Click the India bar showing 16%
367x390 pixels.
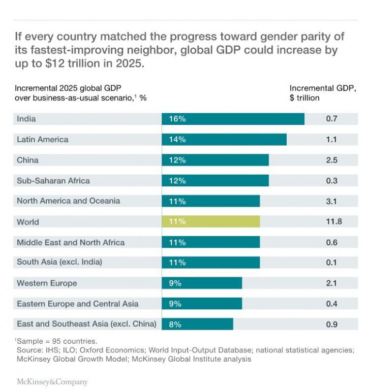233,119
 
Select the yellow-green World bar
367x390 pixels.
210,221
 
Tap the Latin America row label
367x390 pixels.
42,139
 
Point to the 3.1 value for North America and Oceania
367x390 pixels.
332,201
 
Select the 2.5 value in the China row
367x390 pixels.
332,160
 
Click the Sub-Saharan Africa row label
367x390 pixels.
53,180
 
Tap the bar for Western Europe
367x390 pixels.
202,283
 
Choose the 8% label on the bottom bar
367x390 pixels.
175,324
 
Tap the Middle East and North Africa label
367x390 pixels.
71,242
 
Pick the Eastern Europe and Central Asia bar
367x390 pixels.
202,304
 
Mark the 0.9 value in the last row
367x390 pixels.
332,324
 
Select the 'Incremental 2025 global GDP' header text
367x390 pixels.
68,88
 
